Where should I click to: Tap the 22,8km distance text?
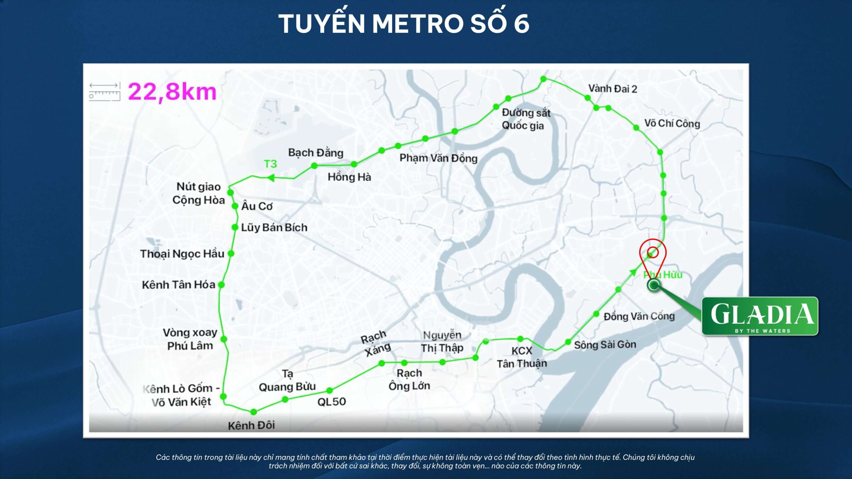click(172, 92)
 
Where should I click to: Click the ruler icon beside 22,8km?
click(105, 92)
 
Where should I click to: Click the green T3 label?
click(270, 164)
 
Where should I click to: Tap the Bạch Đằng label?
click(316, 153)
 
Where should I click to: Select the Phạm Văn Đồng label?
click(438, 158)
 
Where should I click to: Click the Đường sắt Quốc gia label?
click(526, 119)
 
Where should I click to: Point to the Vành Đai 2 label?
click(612, 89)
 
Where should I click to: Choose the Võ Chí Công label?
click(672, 123)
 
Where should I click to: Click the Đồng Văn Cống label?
click(639, 316)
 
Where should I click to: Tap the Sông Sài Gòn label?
click(605, 345)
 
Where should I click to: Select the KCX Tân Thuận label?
click(522, 357)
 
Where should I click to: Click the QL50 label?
click(331, 402)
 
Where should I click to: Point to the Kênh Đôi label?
click(251, 425)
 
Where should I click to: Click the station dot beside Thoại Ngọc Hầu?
click(231, 253)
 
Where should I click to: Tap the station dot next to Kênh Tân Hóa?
click(221, 285)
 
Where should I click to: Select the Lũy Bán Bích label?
click(274, 228)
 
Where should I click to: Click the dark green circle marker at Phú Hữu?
click(654, 285)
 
